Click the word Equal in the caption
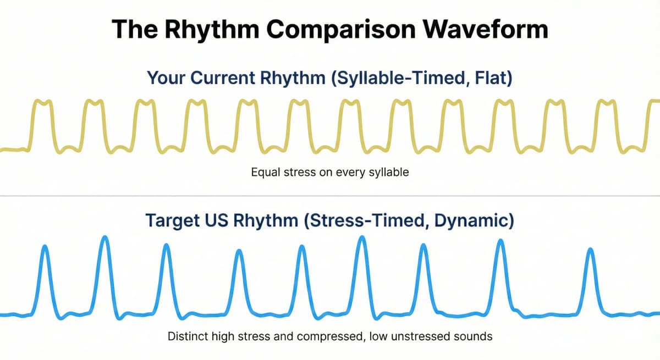[265, 172]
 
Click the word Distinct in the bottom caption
[187, 336]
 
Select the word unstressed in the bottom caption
[426, 336]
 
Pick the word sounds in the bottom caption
[475, 336]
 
